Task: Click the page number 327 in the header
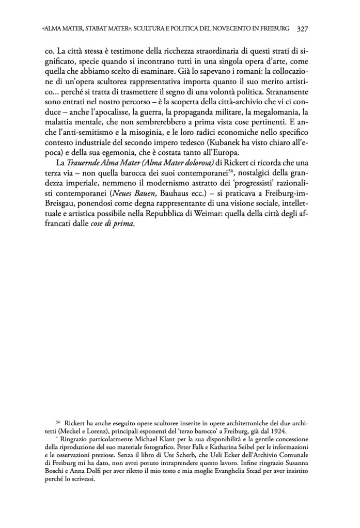(x=302, y=29)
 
